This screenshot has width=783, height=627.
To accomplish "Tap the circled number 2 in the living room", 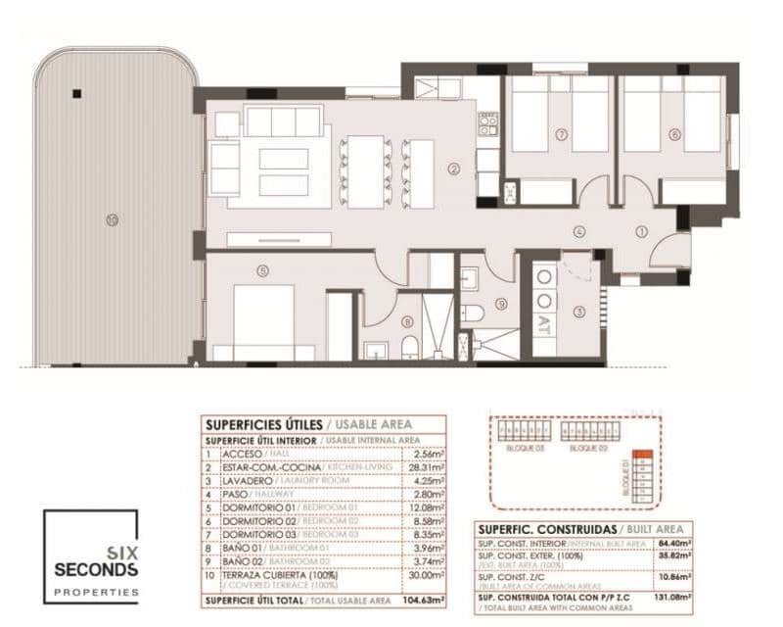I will pyautogui.click(x=454, y=169).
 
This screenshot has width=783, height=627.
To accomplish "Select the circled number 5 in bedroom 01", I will pyautogui.click(x=262, y=271).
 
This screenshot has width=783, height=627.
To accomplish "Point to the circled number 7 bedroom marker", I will pyautogui.click(x=562, y=134).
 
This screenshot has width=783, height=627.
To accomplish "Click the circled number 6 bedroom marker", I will pyautogui.click(x=674, y=134).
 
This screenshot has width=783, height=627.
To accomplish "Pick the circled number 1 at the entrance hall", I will pyautogui.click(x=642, y=232).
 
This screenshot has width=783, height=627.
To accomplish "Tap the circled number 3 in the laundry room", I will pyautogui.click(x=579, y=312).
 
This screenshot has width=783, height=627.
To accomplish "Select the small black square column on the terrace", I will pyautogui.click(x=76, y=94).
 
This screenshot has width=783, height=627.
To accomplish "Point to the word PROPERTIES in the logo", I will pyautogui.click(x=96, y=592).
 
